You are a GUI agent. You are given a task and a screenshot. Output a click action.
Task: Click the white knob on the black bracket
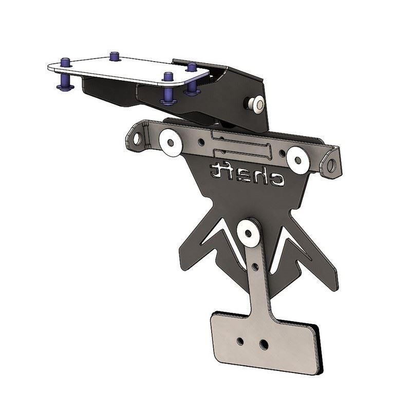tap(255, 105)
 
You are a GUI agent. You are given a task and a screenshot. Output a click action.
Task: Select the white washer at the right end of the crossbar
tap(297, 159)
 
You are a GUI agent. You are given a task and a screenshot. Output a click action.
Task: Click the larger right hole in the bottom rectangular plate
tap(264, 343)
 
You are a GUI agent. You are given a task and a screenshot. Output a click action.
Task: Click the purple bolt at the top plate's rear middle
tap(115, 55)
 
